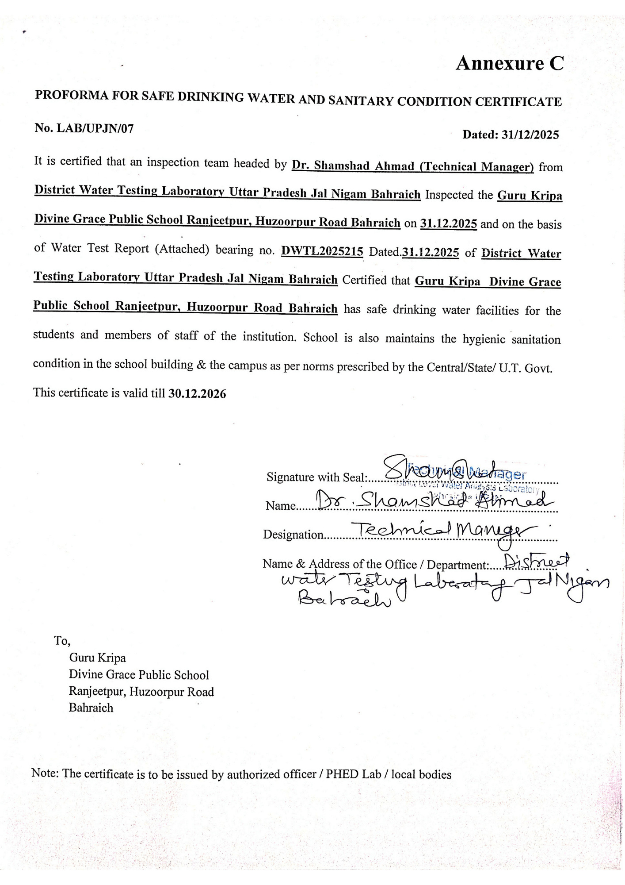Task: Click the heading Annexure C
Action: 510,63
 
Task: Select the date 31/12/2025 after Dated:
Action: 530,135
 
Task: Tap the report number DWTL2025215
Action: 322,251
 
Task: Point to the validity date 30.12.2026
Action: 197,393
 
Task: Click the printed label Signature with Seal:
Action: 317,477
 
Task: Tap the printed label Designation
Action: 293,535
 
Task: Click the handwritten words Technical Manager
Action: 442,529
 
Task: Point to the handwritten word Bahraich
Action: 345,600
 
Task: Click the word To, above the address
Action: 62,641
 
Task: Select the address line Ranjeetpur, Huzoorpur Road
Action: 141,692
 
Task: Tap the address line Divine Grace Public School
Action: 139,675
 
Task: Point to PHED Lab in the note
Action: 353,774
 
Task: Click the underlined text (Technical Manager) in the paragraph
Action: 476,167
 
